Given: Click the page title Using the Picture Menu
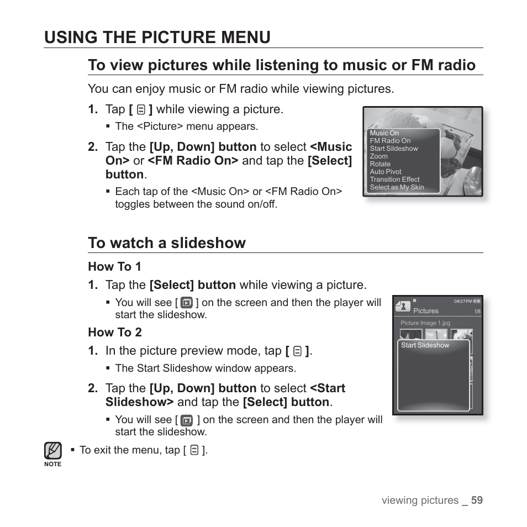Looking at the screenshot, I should [x=157, y=37].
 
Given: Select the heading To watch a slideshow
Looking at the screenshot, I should [x=166, y=243].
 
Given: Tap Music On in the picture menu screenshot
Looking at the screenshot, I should [x=384, y=133].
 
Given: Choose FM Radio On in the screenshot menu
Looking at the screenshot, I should [x=390, y=141].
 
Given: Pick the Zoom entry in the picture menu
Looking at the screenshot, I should [x=378, y=156].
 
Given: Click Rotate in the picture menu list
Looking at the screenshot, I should [x=380, y=164].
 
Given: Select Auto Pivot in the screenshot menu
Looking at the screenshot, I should [x=386, y=172].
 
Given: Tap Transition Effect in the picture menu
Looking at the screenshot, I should [x=394, y=180].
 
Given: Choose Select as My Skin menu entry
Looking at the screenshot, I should [x=397, y=187].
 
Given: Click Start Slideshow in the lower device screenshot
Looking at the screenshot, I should [x=425, y=345].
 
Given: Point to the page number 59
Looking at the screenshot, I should [x=477, y=500].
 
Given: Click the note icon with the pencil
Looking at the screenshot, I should [x=53, y=451].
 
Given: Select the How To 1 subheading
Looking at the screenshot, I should [x=115, y=267].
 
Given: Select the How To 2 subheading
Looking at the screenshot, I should [x=115, y=333].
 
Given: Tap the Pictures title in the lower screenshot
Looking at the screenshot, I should [x=425, y=311].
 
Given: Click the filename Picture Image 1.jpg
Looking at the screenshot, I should [x=425, y=323].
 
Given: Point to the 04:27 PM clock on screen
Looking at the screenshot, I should [x=462, y=301].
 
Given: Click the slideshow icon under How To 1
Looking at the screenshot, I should [x=187, y=303].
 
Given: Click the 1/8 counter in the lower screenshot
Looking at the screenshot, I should [x=477, y=312].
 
